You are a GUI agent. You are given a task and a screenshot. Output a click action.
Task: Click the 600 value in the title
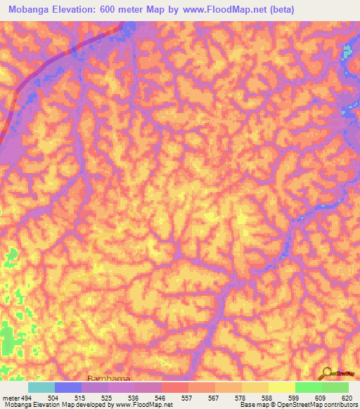[105, 10]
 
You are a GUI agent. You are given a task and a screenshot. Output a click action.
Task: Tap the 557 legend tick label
[187, 397]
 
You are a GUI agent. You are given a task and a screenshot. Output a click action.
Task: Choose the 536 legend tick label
[134, 397]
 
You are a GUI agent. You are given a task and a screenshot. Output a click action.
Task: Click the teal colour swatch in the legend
[41, 387]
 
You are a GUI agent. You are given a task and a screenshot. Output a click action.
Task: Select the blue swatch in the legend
[68, 387]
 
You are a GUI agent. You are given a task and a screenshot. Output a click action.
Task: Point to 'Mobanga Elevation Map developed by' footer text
[48, 405]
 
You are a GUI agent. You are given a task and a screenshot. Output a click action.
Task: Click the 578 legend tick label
[240, 397]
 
